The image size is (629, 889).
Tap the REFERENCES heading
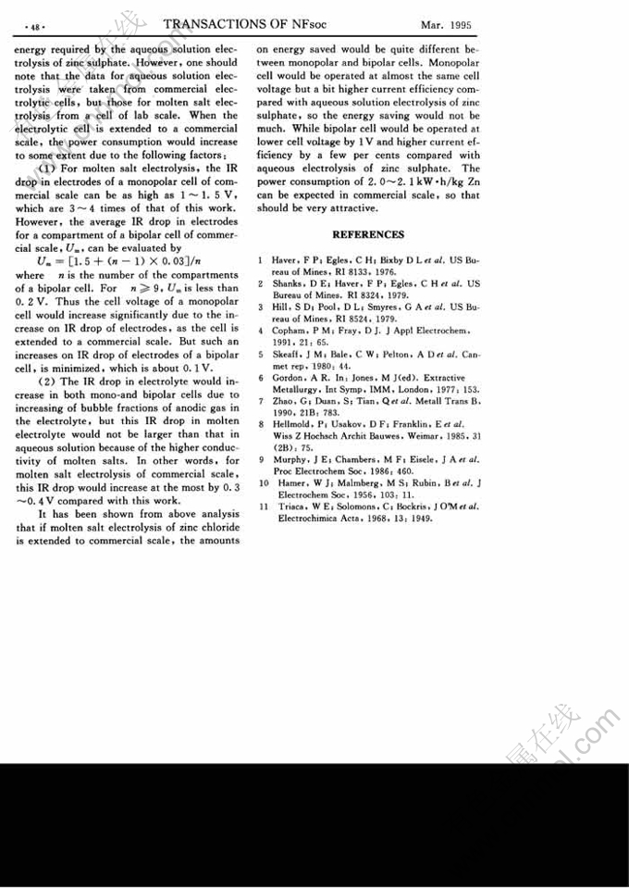coord(368,234)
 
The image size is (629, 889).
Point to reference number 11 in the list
coord(263,507)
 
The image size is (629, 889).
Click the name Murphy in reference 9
coord(290,459)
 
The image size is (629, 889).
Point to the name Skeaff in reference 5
coord(289,354)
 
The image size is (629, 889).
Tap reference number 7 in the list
coord(264,401)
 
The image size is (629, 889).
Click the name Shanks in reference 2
coord(290,282)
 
